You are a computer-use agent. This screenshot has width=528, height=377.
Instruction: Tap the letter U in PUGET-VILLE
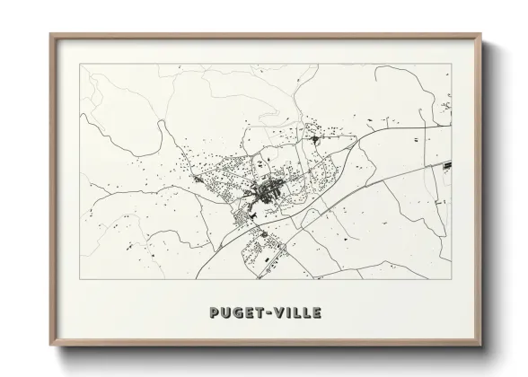tap(224, 313)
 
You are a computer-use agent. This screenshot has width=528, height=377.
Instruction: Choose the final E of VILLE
tap(317, 313)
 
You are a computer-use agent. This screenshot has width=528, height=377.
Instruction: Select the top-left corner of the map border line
tap(80, 64)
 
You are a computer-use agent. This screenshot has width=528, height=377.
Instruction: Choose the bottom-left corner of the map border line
tap(80, 279)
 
